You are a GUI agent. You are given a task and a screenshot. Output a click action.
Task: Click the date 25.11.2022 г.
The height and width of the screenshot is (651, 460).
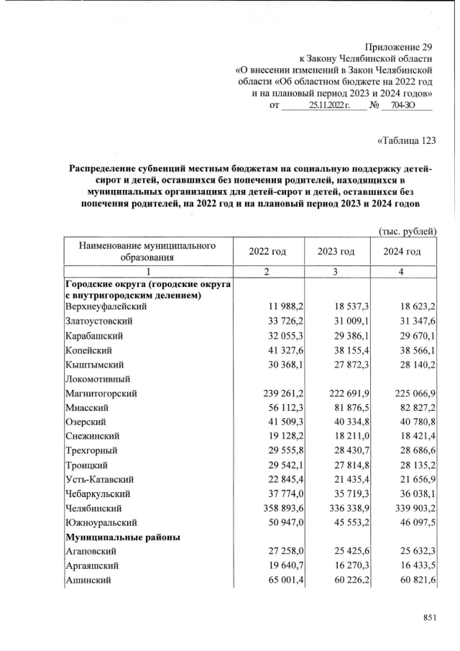point(328,106)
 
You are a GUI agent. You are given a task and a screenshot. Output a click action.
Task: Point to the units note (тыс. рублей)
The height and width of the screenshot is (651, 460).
point(408,231)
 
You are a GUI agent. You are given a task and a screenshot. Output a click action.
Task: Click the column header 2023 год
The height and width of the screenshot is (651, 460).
point(336,251)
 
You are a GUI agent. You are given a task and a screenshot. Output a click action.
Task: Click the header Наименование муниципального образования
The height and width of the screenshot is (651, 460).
point(147,251)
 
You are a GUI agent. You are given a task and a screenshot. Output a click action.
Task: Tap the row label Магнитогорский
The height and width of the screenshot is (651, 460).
point(101,393)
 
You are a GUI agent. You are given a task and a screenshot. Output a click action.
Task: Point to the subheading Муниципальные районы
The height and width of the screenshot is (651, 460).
point(122,537)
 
